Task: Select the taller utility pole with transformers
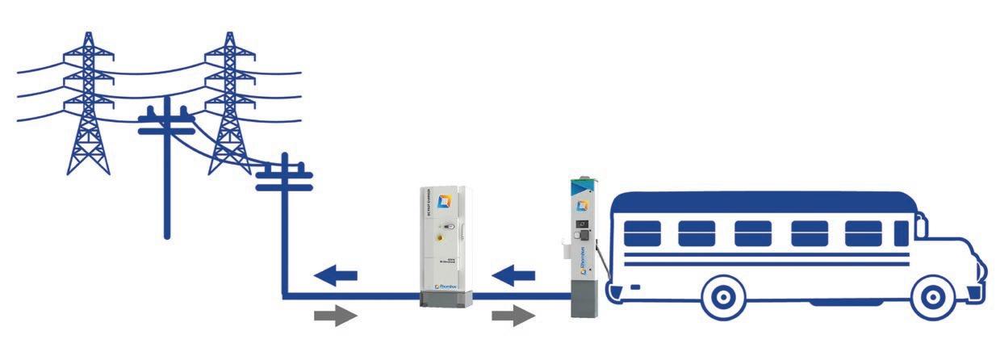click(x=167, y=161)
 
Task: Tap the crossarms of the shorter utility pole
click(x=284, y=178)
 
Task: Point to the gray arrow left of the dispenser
click(x=513, y=316)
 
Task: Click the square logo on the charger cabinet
click(x=442, y=200)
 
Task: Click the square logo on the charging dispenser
click(x=581, y=205)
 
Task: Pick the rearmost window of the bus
click(x=642, y=233)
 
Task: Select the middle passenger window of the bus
click(x=752, y=233)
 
